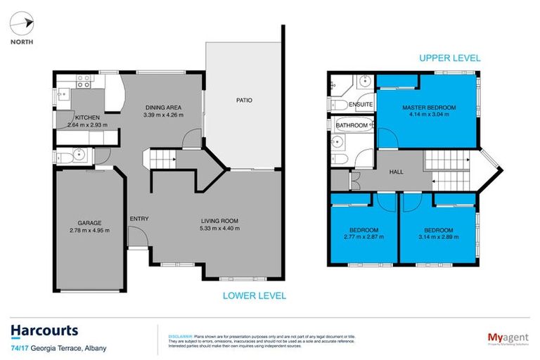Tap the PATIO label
point(244,101)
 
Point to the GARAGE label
point(89,223)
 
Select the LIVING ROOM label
point(220,221)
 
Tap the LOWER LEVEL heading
point(254,296)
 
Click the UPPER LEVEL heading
point(449,58)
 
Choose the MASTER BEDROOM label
point(428,108)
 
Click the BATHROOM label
point(352,125)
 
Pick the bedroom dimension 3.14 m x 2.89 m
point(438,238)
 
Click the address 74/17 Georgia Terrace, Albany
point(57,347)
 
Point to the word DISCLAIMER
point(173,328)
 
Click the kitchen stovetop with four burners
point(83,84)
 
